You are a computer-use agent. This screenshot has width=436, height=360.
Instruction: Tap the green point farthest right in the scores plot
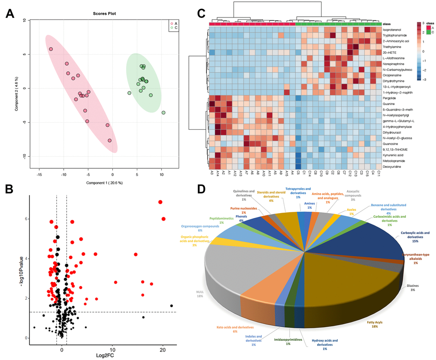coord(163,113)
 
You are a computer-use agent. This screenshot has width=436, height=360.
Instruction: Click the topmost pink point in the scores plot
coord(51,49)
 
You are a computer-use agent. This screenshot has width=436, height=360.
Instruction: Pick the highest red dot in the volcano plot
coord(160,202)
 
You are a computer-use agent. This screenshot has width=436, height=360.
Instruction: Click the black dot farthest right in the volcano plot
coord(171,306)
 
